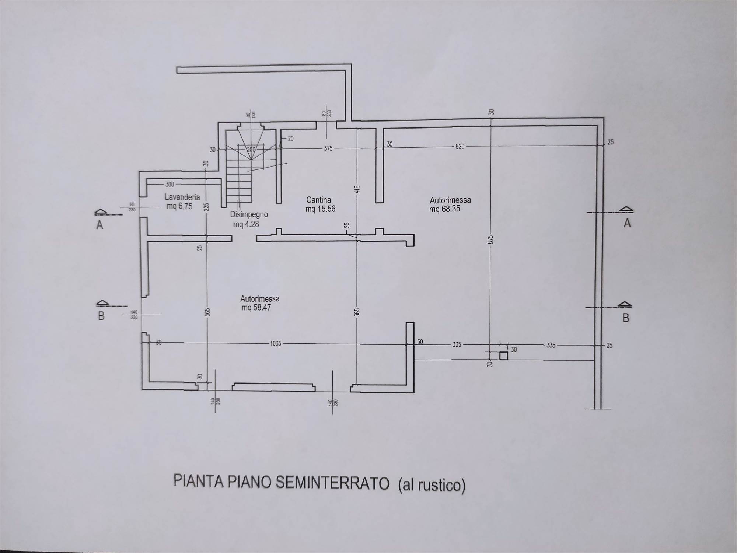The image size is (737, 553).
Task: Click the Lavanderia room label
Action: tap(182, 197)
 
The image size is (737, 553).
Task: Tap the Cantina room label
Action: tap(318, 200)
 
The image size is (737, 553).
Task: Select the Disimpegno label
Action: tap(249, 214)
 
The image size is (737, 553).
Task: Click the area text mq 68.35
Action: tap(444, 209)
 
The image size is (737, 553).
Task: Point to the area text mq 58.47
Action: tap(256, 308)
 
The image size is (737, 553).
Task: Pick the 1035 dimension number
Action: tap(275, 343)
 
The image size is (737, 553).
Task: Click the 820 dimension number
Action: tap(460, 146)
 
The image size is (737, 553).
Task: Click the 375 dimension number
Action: tap(328, 148)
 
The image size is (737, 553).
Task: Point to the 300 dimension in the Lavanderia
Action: tap(170, 184)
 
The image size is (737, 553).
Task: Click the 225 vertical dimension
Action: tap(207, 208)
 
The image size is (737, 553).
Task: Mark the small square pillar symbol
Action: tap(503, 356)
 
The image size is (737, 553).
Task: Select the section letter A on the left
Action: tap(99, 225)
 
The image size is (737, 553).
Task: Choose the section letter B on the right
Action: tap(625, 318)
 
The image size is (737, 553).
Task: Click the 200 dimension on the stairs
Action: tap(251, 150)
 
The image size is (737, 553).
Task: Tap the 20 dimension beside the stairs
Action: tap(290, 139)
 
